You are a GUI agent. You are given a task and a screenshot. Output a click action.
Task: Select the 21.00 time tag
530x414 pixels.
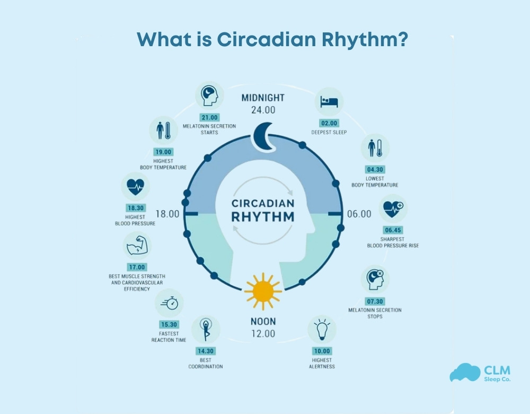pyautogui.click(x=209, y=117)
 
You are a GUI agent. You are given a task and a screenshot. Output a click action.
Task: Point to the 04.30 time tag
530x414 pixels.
pyautogui.click(x=375, y=170)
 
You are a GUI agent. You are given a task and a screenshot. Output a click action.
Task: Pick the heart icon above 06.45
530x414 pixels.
pyautogui.click(x=393, y=209)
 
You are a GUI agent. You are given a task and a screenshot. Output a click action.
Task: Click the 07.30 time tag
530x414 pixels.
pyautogui.click(x=375, y=301)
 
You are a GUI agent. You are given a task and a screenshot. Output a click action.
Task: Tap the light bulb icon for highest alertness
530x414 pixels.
pyautogui.click(x=322, y=329)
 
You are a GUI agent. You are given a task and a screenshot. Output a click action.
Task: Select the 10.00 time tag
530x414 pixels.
pyautogui.click(x=322, y=351)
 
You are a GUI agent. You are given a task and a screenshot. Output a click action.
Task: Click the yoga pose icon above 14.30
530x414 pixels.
pyautogui.click(x=206, y=330)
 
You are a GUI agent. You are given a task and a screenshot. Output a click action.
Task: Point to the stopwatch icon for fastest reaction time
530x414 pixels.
pyautogui.click(x=169, y=303)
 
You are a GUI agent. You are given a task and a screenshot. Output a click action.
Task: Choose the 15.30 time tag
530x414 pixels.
pyautogui.click(x=169, y=325)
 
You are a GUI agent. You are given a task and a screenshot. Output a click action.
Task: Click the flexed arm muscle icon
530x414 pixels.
pyautogui.click(x=137, y=246)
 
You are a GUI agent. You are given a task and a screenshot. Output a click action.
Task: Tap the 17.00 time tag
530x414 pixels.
pyautogui.click(x=137, y=268)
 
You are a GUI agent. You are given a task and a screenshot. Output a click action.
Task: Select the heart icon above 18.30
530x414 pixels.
pyautogui.click(x=135, y=186)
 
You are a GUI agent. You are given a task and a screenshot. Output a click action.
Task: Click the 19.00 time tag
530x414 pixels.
pyautogui.click(x=163, y=151)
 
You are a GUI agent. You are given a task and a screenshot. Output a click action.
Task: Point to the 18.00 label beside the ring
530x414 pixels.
pyautogui.click(x=167, y=214)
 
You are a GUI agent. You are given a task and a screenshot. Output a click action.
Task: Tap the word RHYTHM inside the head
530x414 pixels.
pyautogui.click(x=263, y=217)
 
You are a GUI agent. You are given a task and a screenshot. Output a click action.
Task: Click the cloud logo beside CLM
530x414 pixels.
pyautogui.click(x=464, y=373)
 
